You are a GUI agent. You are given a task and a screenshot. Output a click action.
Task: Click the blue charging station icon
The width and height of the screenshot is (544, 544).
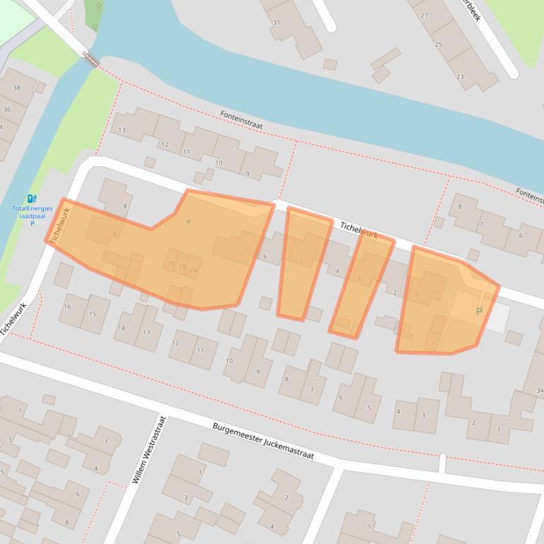[32, 199]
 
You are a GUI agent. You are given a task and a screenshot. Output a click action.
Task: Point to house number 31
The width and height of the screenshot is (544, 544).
[277, 22]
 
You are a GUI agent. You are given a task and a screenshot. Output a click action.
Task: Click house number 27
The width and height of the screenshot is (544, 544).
[424, 15]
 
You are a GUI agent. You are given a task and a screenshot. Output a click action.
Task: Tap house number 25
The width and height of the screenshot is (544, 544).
[439, 45]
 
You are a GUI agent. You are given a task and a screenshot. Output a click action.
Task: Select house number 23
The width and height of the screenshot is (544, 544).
[461, 76]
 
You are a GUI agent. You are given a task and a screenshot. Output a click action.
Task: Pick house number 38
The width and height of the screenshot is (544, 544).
[17, 88]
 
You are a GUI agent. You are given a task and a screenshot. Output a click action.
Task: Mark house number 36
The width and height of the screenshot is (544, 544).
[7, 110]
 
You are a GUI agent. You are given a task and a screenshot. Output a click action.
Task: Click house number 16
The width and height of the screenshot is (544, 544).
[67, 307]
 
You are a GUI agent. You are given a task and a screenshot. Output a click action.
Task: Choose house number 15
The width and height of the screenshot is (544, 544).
[93, 314]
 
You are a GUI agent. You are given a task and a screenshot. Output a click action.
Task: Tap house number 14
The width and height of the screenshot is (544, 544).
[122, 328]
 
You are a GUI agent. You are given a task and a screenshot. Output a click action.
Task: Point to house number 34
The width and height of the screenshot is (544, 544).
[540, 390]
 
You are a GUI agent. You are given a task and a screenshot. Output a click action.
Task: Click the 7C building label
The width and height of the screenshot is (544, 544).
[172, 264]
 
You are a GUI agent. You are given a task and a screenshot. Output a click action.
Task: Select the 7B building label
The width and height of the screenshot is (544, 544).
[183, 267]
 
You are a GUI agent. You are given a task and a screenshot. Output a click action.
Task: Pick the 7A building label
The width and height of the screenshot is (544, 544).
[194, 271]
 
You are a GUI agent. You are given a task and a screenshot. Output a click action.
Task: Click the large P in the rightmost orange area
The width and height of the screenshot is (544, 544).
[479, 312]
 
